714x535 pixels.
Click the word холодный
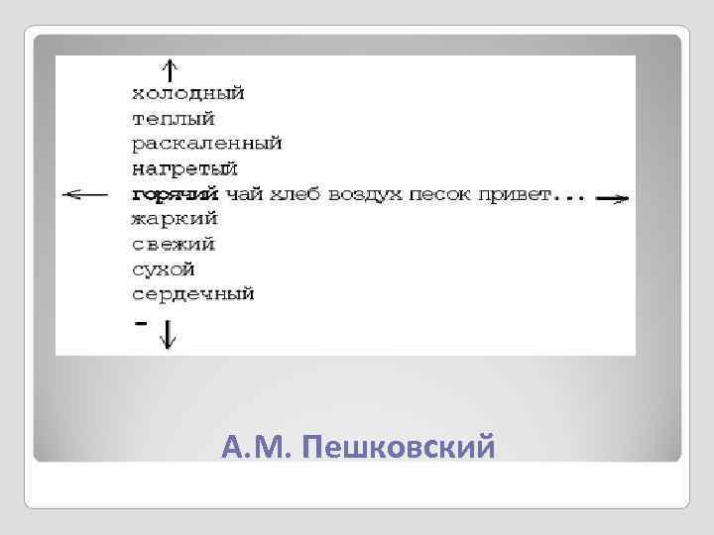187,94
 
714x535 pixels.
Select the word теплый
173,119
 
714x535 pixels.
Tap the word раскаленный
206,144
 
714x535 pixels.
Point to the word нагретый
184,169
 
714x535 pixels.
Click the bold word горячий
175,194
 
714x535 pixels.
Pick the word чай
243,194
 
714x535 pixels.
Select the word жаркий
175,219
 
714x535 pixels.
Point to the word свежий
174,244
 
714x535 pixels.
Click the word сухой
163,268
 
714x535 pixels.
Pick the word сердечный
192,294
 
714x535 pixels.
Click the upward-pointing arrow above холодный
169,69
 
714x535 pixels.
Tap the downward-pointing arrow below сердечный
169,335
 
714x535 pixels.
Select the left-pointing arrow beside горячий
85,194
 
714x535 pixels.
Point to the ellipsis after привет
569,195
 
